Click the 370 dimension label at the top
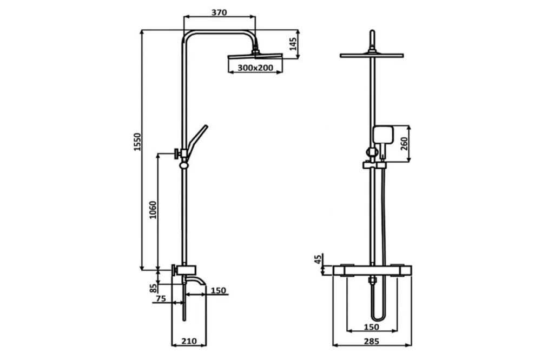click(219, 13)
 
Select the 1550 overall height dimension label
click(137, 142)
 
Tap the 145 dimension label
click(293, 44)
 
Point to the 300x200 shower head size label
click(255, 68)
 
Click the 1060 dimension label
click(153, 210)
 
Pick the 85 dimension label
click(154, 288)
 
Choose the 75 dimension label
click(161, 298)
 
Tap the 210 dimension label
click(189, 341)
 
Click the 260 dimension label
click(404, 143)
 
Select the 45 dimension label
click(319, 258)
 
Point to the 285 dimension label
click(372, 341)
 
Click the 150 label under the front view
click(371, 326)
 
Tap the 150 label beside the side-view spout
click(218, 290)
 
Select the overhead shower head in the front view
click(372, 55)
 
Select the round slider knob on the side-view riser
click(184, 165)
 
